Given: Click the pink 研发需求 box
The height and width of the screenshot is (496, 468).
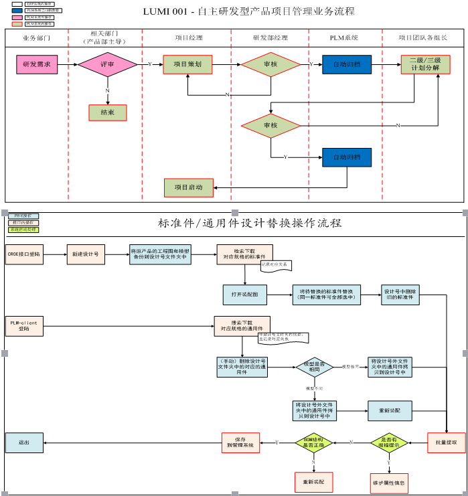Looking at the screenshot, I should coord(37,65).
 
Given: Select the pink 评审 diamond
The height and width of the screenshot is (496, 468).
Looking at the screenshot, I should coord(107,65).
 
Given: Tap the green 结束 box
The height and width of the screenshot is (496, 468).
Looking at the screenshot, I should coord(107,112).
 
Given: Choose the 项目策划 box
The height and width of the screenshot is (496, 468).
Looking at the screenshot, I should coord(187,64).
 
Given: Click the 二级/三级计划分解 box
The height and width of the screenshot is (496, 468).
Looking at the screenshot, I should coord(425,64).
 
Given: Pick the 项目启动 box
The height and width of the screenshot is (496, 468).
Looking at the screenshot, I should coord(188,188).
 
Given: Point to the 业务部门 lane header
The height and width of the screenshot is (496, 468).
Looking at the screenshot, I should coord(37,38).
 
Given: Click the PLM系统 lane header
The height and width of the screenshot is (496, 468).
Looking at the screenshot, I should coord(344,38).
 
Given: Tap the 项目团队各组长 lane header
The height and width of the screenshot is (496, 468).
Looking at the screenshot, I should coord(423,38).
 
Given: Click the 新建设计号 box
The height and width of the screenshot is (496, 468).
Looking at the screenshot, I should coord(86,254).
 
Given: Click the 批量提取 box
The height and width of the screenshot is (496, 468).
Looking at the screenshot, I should coord(447,442).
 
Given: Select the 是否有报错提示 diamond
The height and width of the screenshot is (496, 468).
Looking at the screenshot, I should coord(390,442).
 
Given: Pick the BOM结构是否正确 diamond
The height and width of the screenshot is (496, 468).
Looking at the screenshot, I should coord(313,442).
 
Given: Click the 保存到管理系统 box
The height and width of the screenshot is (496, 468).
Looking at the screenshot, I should coord(240,442).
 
